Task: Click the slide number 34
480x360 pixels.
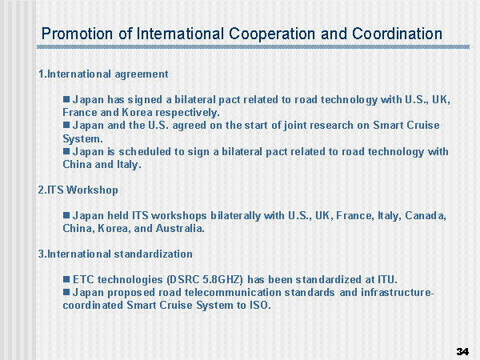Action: pyautogui.click(x=462, y=351)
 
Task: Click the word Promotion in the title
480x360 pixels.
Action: pyautogui.click(x=77, y=34)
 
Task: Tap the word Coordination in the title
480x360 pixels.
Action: pyautogui.click(x=397, y=34)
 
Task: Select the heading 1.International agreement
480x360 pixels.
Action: pyautogui.click(x=103, y=74)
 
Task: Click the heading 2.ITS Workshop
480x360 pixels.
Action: pyautogui.click(x=78, y=190)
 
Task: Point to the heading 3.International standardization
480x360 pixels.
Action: pyautogui.click(x=115, y=254)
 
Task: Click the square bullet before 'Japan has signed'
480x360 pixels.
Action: pyautogui.click(x=66, y=99)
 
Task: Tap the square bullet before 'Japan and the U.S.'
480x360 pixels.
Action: pyautogui.click(x=66, y=125)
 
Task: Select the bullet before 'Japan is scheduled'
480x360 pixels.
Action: pyautogui.click(x=66, y=151)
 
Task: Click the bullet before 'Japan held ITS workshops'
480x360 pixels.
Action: pyautogui.click(x=66, y=215)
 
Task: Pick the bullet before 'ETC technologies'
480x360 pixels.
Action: pyautogui.click(x=66, y=279)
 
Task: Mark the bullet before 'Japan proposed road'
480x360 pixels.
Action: pyautogui.click(x=66, y=292)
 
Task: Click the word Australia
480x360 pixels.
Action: pyautogui.click(x=180, y=228)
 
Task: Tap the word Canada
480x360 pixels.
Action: pyautogui.click(x=426, y=215)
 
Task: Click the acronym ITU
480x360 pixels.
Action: pyautogui.click(x=387, y=279)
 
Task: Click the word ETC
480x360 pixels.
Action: pyautogui.click(x=83, y=279)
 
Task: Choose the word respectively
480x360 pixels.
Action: pyautogui.click(x=187, y=113)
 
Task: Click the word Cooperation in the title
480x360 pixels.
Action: pyautogui.click(x=272, y=34)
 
